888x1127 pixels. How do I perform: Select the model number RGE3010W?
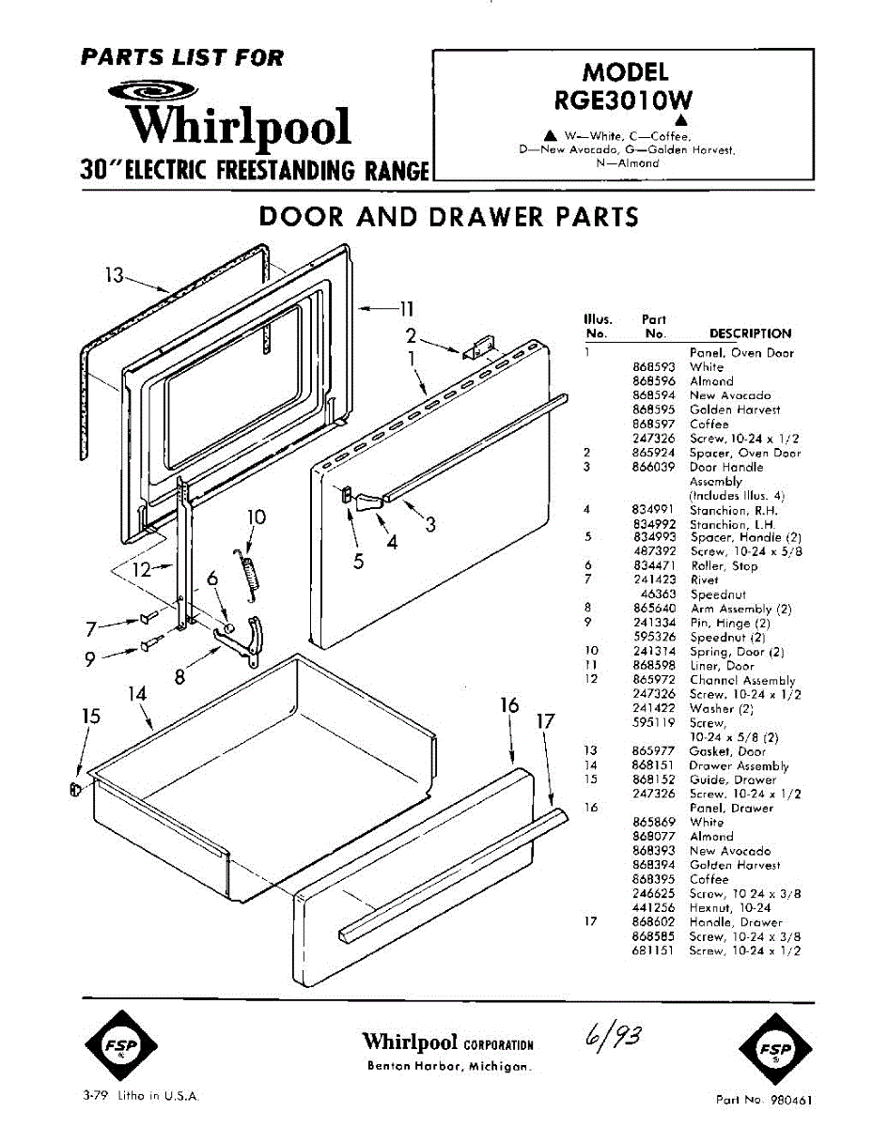tap(624, 100)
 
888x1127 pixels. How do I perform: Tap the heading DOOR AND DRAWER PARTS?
tap(448, 217)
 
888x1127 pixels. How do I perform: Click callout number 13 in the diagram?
tap(114, 276)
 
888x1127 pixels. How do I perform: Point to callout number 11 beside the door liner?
tap(405, 307)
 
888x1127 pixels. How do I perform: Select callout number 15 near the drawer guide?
tap(91, 717)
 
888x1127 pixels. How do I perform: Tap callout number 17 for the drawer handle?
tap(546, 722)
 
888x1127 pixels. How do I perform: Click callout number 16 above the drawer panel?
tap(509, 705)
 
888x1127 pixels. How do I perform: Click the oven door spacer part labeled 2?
tap(480, 347)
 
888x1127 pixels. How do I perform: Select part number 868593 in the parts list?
tap(653, 367)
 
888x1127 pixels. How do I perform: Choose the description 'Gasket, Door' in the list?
tap(727, 751)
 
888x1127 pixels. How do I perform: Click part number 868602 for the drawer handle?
tap(653, 922)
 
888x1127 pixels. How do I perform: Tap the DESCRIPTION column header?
tap(750, 333)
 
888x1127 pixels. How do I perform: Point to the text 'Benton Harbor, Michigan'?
tap(448, 1068)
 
